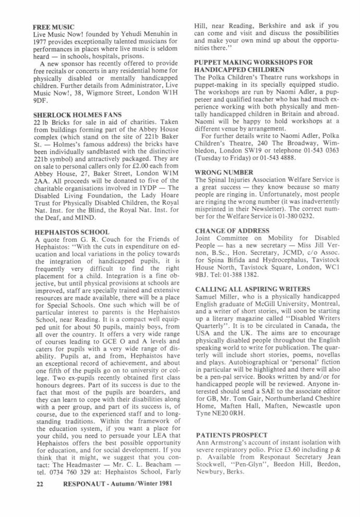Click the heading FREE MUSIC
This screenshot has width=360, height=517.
pyautogui.click(x=54, y=26)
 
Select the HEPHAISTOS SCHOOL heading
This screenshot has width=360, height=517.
pyautogui.click(x=71, y=231)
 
